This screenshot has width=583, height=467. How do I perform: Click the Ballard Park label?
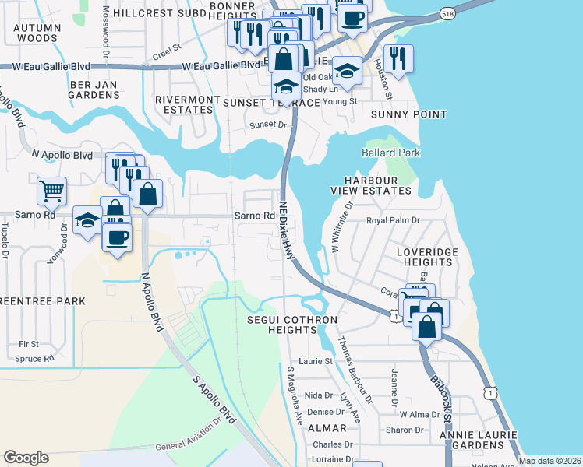point(390,153)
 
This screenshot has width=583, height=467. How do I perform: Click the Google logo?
point(26,458)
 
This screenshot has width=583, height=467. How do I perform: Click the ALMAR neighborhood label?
point(327,428)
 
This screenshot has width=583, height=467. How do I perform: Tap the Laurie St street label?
point(316,361)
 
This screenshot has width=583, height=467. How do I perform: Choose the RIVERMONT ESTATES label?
point(184,105)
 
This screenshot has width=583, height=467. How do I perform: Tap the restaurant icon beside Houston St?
point(398,58)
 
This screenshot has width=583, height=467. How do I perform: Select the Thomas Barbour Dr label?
point(355,371)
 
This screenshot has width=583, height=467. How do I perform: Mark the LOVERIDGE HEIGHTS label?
point(424,258)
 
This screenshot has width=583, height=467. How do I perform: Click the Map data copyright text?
point(549,460)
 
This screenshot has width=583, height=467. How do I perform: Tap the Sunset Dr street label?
point(268,125)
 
